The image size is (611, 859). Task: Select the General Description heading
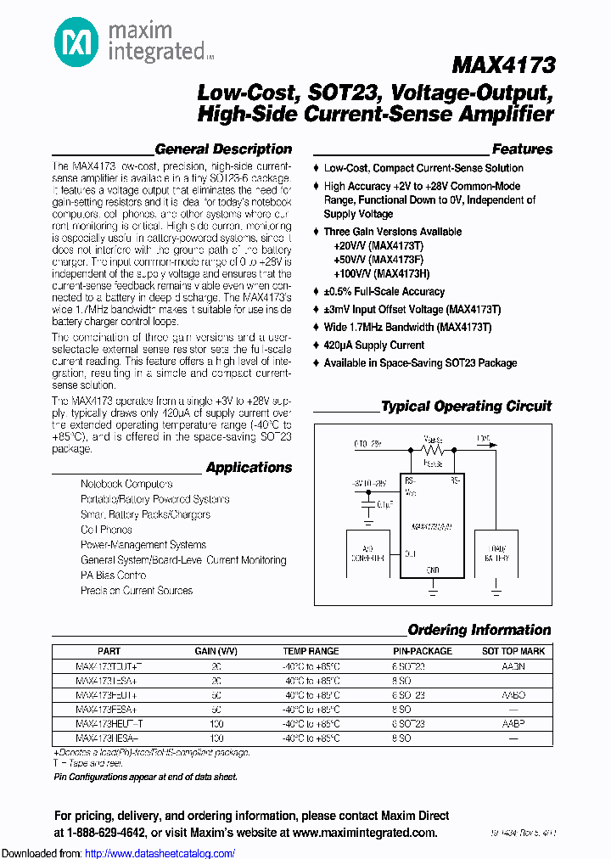[x=223, y=149]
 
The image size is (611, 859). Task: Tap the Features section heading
[x=522, y=149]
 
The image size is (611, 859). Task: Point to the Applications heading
[x=249, y=468]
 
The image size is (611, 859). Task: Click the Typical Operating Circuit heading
[x=466, y=407]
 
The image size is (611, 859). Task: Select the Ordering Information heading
[x=479, y=630]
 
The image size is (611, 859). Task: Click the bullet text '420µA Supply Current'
[x=373, y=345]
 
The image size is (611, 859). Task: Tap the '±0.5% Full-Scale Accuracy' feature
[x=384, y=291]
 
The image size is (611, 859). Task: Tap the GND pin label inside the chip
[x=432, y=570]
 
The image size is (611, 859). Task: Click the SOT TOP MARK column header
[x=513, y=651]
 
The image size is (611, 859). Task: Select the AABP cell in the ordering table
[x=513, y=723]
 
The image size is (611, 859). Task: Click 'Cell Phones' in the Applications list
[x=106, y=530]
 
